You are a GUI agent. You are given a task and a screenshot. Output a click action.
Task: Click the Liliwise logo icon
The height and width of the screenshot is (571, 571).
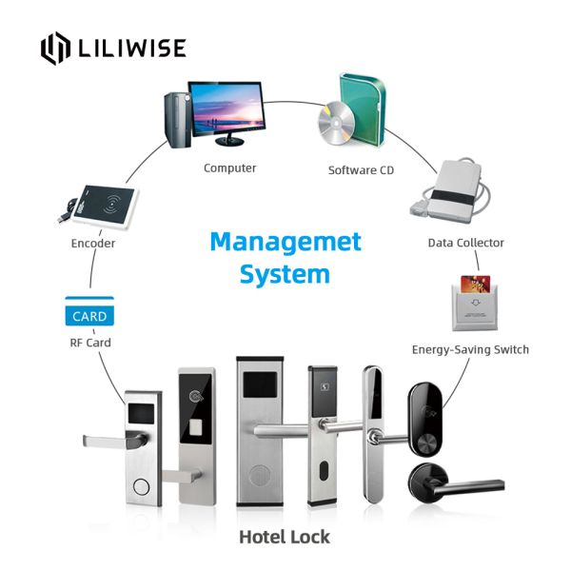point(56,49)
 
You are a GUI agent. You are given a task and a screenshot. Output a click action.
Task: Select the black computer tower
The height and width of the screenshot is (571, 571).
point(177,120)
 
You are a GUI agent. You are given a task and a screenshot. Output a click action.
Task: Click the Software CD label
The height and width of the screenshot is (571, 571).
point(361,170)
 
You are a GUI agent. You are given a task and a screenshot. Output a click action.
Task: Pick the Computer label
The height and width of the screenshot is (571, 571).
point(229,168)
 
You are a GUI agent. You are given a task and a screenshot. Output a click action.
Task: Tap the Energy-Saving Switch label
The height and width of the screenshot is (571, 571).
point(470,349)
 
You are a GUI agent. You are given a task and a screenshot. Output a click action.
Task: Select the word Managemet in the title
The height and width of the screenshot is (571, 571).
point(285,241)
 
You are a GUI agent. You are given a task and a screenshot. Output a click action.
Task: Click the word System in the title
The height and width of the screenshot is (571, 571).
point(285,275)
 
